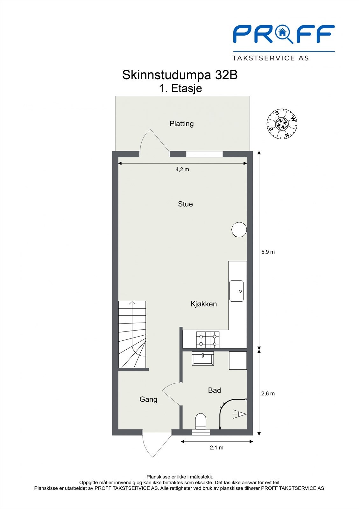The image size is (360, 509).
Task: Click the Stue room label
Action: pyautogui.click(x=185, y=204)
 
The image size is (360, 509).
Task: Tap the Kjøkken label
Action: pyautogui.click(x=203, y=304)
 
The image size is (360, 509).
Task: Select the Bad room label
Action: pyautogui.click(x=215, y=390)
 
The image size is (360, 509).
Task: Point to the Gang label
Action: pyautogui.click(x=148, y=400)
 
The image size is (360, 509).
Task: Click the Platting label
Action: pyautogui.click(x=181, y=124)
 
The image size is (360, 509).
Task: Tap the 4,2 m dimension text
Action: pyautogui.click(x=182, y=170)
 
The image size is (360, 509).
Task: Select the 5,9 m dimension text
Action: pyautogui.click(x=268, y=252)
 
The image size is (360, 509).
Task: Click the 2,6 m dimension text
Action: pyautogui.click(x=268, y=394)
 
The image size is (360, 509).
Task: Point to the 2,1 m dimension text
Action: pyautogui.click(x=216, y=448)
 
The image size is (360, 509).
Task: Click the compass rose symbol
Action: pyautogui.click(x=282, y=124)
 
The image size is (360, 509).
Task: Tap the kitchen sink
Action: pyautogui.click(x=236, y=291)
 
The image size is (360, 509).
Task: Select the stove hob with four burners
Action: pyautogui.click(x=208, y=340)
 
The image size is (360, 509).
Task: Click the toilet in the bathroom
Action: pyautogui.click(x=201, y=421)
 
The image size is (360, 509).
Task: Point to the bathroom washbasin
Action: pyautogui.click(x=203, y=359)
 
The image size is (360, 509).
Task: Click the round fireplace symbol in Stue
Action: pyautogui.click(x=239, y=229)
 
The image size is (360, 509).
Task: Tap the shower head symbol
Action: pyautogui.click(x=239, y=414)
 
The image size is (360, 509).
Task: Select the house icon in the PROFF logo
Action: pyautogui.click(x=282, y=32)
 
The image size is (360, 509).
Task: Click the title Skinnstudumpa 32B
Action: pyautogui.click(x=180, y=75)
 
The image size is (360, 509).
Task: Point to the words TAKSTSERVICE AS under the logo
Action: pyautogui.click(x=271, y=58)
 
